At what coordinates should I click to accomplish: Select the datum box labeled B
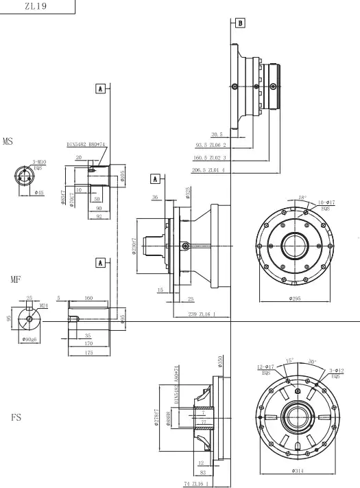coord(240,23)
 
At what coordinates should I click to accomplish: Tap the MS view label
coord(8,142)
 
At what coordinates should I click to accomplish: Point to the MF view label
coord(15,280)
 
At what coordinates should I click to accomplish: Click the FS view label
coord(16,417)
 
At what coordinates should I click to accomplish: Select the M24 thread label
coord(44,305)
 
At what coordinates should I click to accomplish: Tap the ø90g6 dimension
coord(29,339)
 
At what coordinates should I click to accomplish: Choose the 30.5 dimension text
coord(217,135)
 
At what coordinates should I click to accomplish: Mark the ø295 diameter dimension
coord(295,299)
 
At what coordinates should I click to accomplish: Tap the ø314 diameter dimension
coord(297,471)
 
